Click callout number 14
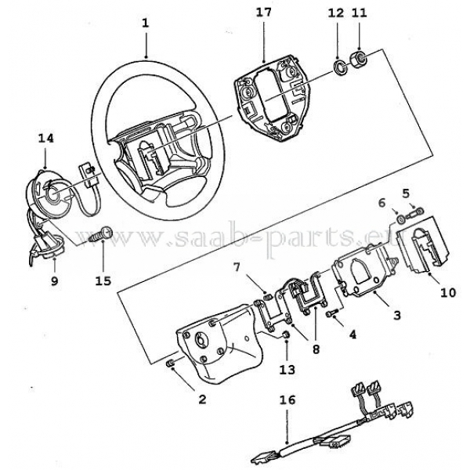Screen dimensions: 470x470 (x=46, y=138)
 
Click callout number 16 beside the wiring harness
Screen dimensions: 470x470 (x=287, y=399)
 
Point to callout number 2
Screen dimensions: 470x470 (x=201, y=399)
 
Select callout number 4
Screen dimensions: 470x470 (x=352, y=334)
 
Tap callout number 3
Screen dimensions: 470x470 (x=397, y=315)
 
